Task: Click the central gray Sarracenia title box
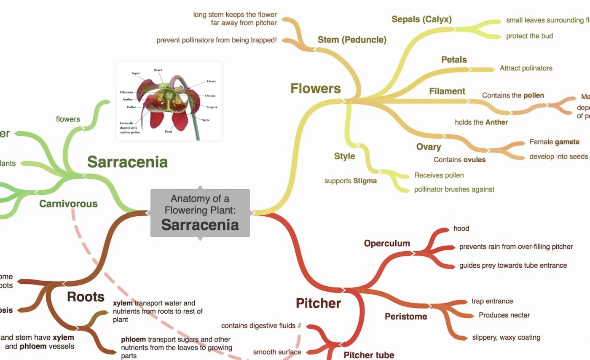point(200,212)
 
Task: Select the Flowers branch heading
point(315,89)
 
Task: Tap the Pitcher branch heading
point(318,303)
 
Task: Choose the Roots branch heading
point(86,297)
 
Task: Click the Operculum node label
point(387,243)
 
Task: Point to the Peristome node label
point(406,316)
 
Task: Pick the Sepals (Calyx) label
point(421,19)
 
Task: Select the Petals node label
point(454,59)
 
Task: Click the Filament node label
point(447,91)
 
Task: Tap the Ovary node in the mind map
point(429,147)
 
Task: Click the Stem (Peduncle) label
point(352,40)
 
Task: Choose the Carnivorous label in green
point(68,204)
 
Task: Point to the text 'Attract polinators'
point(526,68)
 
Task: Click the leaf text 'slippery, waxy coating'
point(506,337)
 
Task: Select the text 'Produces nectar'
point(504,315)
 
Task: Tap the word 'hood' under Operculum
point(461,228)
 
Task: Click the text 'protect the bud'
point(529,36)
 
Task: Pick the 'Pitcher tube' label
point(369,355)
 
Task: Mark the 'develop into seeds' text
point(558,156)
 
